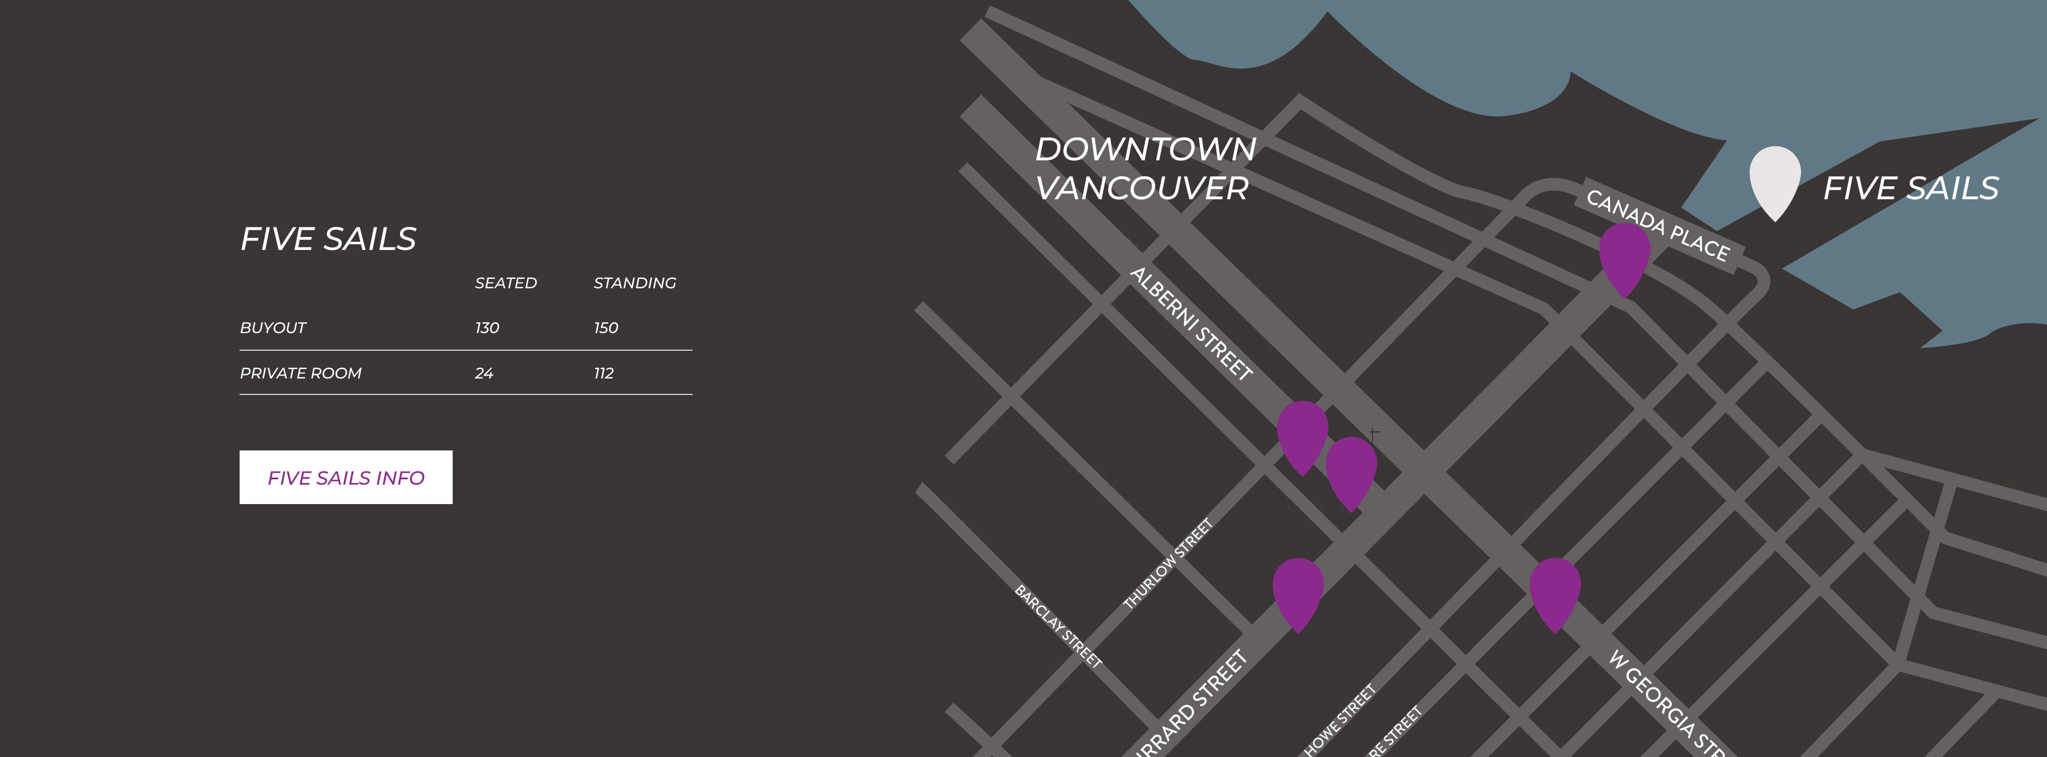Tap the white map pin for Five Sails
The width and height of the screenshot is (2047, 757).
[x=1774, y=179]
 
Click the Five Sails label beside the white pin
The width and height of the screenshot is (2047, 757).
[x=1910, y=189]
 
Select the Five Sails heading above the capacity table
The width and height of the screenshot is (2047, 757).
[x=328, y=239]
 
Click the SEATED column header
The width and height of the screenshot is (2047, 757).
[x=505, y=283]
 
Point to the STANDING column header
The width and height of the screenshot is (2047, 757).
[x=634, y=283]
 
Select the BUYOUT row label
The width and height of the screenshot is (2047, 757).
[x=273, y=328]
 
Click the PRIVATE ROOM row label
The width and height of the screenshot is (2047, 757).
[x=300, y=373]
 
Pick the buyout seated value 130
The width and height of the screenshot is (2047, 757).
[x=487, y=328]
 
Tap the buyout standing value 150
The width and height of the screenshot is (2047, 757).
[x=606, y=328]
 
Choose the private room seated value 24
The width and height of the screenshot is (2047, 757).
[x=484, y=373]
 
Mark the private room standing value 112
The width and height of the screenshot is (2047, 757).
[x=603, y=373]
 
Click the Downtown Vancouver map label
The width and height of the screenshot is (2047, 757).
[x=1145, y=169]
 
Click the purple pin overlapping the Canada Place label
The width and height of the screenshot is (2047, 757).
[x=1624, y=256]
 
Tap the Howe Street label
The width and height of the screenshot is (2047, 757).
[x=1340, y=720]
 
